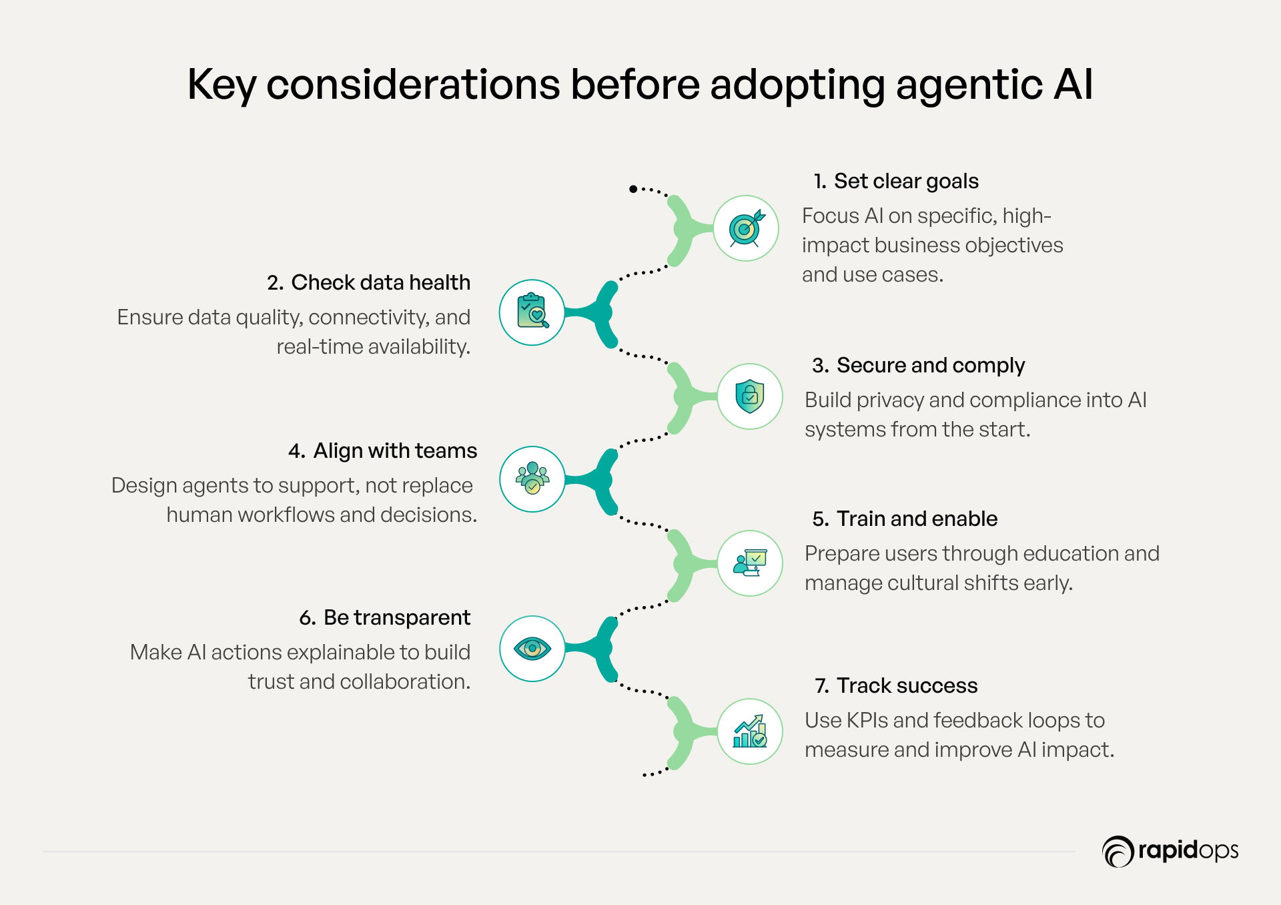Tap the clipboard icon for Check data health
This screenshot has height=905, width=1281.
pyautogui.click(x=532, y=311)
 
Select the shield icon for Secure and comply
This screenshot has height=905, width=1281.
pyautogui.click(x=749, y=396)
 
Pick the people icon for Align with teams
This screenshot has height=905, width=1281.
pyautogui.click(x=532, y=478)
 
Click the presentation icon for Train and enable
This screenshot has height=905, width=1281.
pyautogui.click(x=750, y=563)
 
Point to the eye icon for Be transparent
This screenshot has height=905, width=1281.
pyautogui.click(x=532, y=648)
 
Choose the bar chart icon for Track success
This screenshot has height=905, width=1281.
pyautogui.click(x=750, y=731)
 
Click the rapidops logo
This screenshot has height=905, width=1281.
pyautogui.click(x=1170, y=851)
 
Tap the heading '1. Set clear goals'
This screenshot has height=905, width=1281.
pyautogui.click(x=896, y=182)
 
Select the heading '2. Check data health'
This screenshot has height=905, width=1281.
pyautogui.click(x=369, y=283)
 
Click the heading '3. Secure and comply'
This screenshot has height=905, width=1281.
pyautogui.click(x=918, y=366)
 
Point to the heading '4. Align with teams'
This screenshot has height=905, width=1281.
pyautogui.click(x=383, y=451)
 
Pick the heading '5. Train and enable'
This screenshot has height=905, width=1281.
pyautogui.click(x=905, y=519)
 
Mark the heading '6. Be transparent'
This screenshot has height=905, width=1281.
pyautogui.click(x=385, y=618)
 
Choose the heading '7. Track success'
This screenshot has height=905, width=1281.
pyautogui.click(x=896, y=686)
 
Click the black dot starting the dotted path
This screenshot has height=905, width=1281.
pyautogui.click(x=633, y=189)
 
